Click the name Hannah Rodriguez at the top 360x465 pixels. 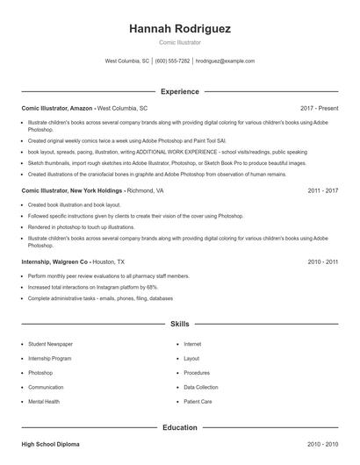coord(180,29)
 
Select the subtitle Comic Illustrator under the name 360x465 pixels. coord(180,42)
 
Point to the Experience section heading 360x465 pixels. coord(180,91)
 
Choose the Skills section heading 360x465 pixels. coord(180,324)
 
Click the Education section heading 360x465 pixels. coord(180,427)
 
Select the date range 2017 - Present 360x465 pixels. coord(319,107)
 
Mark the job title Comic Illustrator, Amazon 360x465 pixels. coord(57,107)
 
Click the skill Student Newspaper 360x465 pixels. coord(50,344)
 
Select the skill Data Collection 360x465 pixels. coord(201,387)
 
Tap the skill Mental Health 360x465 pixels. coord(44,401)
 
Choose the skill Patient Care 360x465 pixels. coord(198,401)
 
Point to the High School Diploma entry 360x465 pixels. coord(50,445)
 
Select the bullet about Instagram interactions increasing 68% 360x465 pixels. coord(93,287)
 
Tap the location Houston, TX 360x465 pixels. coord(109,261)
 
